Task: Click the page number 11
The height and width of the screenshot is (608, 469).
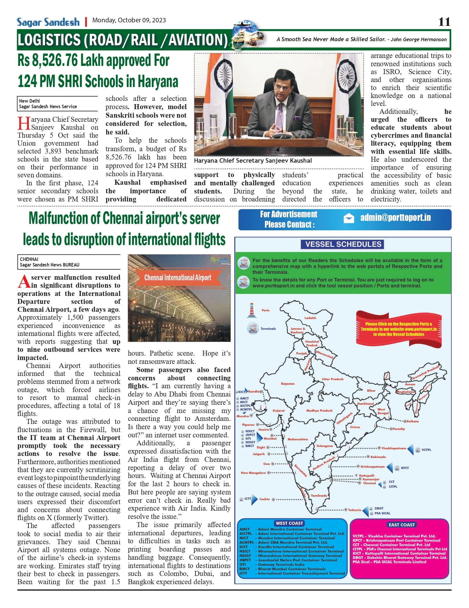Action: click(444, 22)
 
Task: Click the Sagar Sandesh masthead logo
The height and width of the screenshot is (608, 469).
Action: click(48, 22)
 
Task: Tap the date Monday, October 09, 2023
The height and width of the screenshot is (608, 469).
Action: click(129, 20)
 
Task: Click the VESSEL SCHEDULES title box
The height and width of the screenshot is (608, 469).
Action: click(343, 244)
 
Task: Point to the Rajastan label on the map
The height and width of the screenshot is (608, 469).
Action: click(288, 384)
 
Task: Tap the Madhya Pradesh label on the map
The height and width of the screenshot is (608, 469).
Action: click(319, 410)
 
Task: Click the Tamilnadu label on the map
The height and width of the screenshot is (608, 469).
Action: click(319, 495)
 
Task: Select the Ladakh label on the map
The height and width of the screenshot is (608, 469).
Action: click(310, 318)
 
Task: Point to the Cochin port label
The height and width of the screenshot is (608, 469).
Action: click(264, 499)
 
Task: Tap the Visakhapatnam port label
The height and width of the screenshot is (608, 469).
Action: click(394, 448)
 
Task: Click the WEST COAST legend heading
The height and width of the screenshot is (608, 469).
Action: click(289, 523)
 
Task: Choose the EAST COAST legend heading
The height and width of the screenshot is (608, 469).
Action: click(402, 524)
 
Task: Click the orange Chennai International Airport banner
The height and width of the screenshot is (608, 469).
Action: click(178, 278)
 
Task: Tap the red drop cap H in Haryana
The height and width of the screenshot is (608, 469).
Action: click(24, 123)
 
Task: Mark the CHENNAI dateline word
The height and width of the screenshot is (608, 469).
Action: click(29, 259)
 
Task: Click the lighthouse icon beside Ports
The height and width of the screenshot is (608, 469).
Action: click(251, 310)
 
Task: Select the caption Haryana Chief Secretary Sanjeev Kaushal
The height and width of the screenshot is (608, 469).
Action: click(253, 161)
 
